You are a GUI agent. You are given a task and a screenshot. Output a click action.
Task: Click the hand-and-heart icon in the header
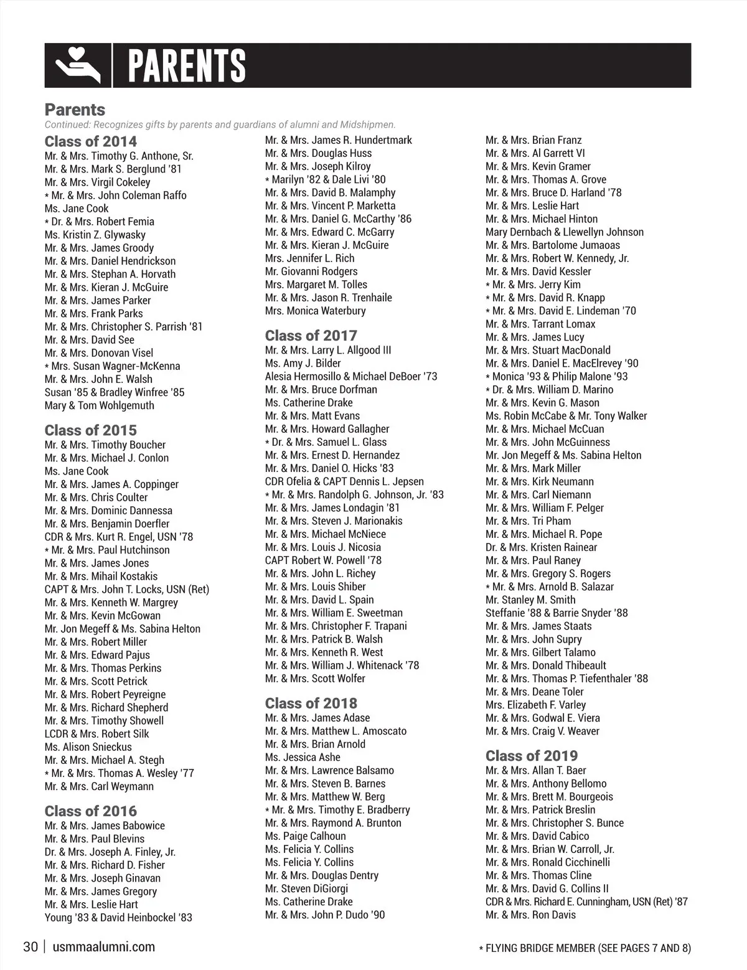point(78,65)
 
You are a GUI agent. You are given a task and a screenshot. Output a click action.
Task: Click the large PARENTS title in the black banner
point(187,65)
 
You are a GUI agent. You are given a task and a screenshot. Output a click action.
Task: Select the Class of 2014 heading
point(91,141)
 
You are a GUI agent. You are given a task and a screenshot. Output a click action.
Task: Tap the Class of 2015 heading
point(91,430)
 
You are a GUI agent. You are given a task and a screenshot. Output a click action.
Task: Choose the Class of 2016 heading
point(91,811)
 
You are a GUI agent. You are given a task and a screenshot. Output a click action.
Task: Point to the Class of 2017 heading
point(311,336)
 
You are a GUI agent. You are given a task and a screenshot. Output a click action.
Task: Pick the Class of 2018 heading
point(311,704)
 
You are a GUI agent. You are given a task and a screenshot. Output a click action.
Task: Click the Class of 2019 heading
point(532,756)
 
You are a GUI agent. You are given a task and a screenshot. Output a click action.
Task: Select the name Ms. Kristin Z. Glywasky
point(95,235)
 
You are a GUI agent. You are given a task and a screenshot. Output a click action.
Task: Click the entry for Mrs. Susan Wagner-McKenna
point(116,366)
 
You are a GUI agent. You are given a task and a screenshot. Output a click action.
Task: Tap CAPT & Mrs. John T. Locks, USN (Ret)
point(127,590)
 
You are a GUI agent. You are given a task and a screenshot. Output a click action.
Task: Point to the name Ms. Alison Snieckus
point(88,747)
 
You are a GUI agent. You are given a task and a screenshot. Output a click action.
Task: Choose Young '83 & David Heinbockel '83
point(118,918)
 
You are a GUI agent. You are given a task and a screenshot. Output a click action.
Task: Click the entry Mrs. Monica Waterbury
point(316,311)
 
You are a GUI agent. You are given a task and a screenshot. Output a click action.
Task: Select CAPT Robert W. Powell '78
point(324,560)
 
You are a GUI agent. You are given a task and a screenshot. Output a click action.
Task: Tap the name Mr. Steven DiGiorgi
point(307,889)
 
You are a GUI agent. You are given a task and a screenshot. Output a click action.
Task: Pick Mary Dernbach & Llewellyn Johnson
point(565,232)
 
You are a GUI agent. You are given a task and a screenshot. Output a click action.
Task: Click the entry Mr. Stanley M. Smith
point(530,600)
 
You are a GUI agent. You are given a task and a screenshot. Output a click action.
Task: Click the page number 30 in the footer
point(31,948)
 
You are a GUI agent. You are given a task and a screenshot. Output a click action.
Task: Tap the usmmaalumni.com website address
point(105,948)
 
